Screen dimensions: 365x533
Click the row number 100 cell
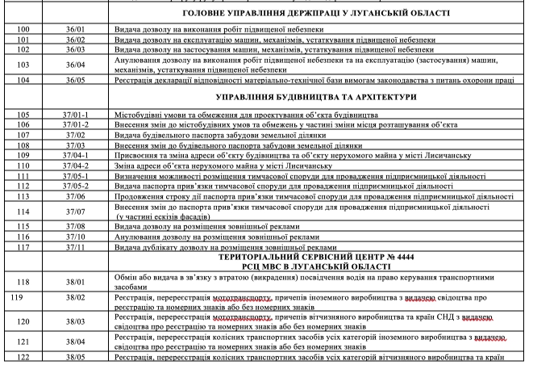pyautogui.click(x=23, y=27)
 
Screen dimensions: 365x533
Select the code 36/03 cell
pyautogui.click(x=77, y=48)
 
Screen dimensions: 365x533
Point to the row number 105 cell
pyautogui.click(x=23, y=115)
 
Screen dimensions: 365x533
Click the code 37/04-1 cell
pyautogui.click(x=77, y=154)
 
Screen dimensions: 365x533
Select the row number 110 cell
pyautogui.click(x=23, y=164)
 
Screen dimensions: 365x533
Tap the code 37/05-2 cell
pyautogui.click(x=77, y=184)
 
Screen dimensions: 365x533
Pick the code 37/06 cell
pyautogui.click(x=77, y=195)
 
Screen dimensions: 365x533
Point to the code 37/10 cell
pyautogui.click(x=77, y=237)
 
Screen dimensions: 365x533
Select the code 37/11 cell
pyautogui.click(x=77, y=246)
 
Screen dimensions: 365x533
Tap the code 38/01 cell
pyautogui.click(x=77, y=281)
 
